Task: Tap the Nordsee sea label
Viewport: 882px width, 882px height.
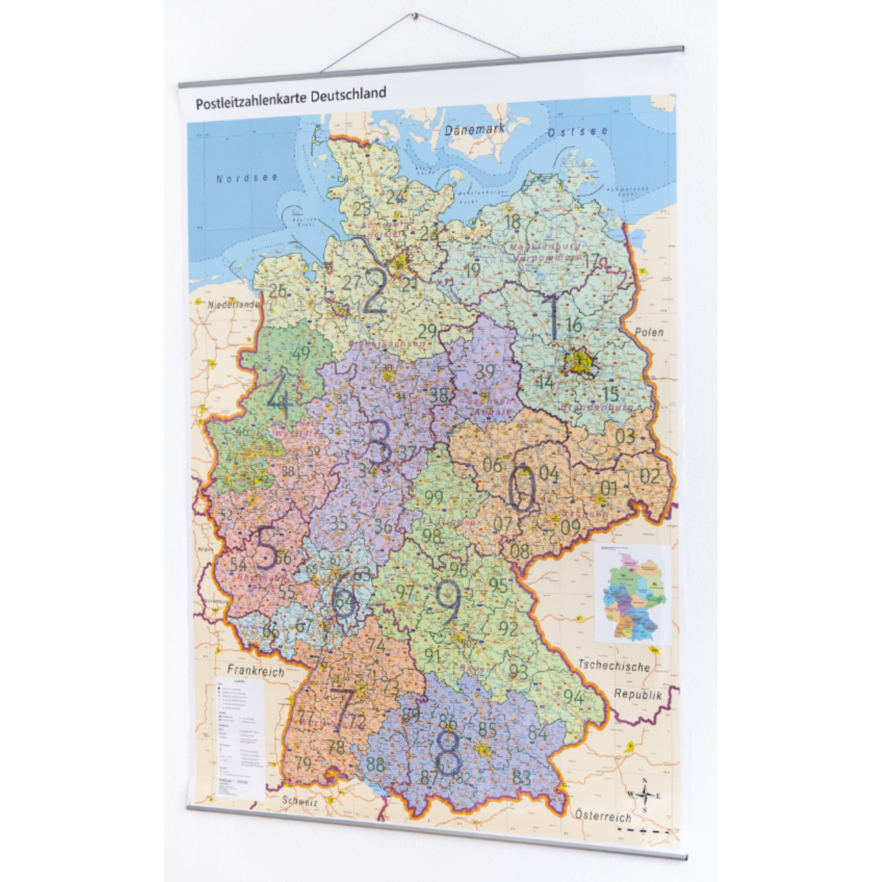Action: click(247, 178)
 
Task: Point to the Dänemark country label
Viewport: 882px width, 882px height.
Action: click(475, 129)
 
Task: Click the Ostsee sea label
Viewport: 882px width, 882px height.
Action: click(578, 132)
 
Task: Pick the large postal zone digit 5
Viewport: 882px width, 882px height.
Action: click(266, 548)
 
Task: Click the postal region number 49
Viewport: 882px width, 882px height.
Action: click(301, 353)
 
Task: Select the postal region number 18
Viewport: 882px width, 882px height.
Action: click(513, 223)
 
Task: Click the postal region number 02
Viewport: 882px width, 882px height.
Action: click(650, 476)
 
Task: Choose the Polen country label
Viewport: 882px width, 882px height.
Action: click(649, 332)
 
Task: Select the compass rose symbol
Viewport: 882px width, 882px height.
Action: click(644, 796)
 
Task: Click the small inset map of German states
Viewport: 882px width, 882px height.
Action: click(632, 594)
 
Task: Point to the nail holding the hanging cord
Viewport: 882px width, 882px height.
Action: click(415, 17)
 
